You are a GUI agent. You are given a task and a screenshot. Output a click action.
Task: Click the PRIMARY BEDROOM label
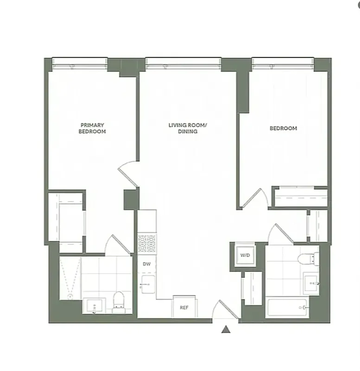tap(93, 128)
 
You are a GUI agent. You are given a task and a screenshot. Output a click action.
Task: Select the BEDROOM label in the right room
tap(283, 128)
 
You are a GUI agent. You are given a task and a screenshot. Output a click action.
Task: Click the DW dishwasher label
tap(146, 264)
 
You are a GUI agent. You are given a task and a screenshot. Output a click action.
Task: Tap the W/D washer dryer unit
tap(244, 256)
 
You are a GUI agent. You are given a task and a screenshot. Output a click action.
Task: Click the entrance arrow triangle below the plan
tap(226, 330)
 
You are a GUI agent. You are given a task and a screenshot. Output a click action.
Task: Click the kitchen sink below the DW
tap(147, 283)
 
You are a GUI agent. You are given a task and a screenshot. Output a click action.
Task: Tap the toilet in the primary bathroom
tap(118, 301)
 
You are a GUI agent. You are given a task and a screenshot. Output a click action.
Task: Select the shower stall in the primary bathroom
tap(70, 278)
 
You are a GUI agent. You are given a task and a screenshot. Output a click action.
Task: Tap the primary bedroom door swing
tap(127, 173)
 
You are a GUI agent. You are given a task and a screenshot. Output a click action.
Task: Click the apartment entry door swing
tap(226, 310)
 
